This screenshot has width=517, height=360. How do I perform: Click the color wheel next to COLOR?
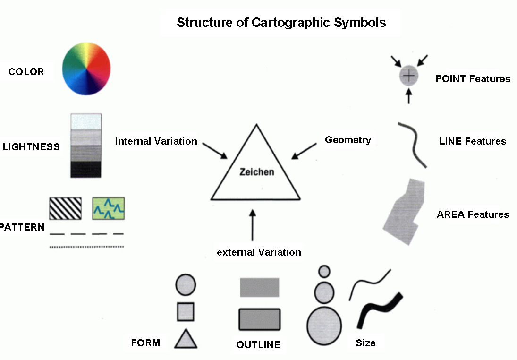click(86, 70)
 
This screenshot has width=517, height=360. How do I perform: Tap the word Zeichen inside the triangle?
click(256, 172)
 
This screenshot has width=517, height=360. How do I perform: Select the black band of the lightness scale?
click(86, 169)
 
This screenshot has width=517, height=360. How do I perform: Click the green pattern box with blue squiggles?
click(108, 208)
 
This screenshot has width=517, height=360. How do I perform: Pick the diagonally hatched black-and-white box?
click(66, 208)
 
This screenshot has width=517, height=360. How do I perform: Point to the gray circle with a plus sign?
click(409, 76)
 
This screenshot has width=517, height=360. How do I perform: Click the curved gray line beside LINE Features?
click(412, 144)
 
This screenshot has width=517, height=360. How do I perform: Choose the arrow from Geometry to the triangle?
click(304, 151)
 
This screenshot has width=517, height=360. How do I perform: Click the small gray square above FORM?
click(186, 312)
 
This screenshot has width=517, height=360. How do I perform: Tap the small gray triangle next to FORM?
click(186, 340)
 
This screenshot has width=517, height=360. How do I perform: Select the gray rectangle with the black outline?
click(259, 319)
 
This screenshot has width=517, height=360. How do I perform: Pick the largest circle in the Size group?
click(324, 326)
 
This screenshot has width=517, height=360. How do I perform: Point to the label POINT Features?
click(473, 79)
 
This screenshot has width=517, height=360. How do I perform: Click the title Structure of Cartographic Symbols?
click(281, 22)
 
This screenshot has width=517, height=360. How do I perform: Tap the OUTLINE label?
click(258, 345)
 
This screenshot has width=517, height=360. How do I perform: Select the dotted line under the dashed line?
click(87, 247)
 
